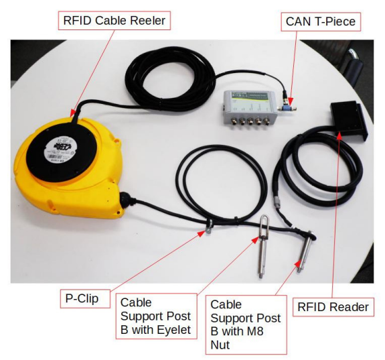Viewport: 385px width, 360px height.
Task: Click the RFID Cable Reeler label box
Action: point(114,21)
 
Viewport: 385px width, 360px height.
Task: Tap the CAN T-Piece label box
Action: point(321,21)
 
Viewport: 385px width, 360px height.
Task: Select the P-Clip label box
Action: point(85,298)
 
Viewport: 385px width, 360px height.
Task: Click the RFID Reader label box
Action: point(333,307)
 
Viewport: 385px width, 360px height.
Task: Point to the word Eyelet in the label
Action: point(174,330)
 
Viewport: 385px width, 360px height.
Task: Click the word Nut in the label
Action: point(220,345)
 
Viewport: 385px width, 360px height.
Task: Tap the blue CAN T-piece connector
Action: point(287,108)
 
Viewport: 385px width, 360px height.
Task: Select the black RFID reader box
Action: point(349,121)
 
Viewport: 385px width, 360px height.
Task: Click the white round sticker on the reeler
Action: point(61,150)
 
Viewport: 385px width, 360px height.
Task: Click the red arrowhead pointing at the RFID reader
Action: point(339,135)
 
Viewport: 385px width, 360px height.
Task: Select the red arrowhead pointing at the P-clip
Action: point(202,233)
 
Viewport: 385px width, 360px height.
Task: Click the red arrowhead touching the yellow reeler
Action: point(73,113)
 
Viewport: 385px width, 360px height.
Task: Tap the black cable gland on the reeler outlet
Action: point(125,199)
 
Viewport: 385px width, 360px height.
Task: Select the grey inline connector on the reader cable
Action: point(278,201)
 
